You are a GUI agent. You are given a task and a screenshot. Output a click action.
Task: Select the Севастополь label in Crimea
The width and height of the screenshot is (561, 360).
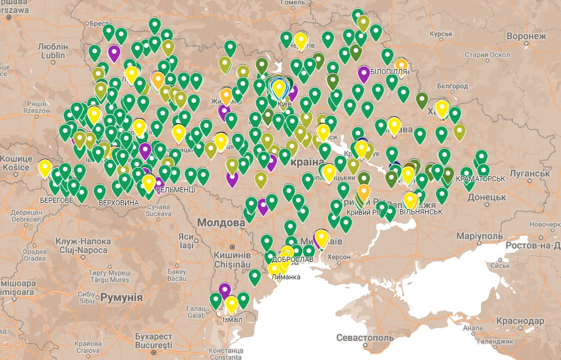coord(365,337)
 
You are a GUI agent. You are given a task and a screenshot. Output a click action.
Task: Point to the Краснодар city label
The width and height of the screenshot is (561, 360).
coord(520,320)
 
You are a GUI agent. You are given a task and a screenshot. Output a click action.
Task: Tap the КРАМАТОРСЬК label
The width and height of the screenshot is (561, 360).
coord(474,178)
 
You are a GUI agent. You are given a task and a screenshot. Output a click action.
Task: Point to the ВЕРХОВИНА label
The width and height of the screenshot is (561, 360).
coord(119,203)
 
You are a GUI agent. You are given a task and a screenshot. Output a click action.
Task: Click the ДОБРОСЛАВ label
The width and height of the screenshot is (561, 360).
coord(293,260)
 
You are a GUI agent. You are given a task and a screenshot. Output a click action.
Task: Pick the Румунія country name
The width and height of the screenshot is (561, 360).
coord(122,297)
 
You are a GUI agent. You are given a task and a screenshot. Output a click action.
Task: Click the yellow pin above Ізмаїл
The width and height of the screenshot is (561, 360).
coord(231,303)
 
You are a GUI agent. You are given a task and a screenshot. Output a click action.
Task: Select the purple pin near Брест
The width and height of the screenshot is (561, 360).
coord(114,53)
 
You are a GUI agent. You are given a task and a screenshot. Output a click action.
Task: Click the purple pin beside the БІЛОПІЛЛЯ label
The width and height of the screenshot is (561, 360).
coord(364,74)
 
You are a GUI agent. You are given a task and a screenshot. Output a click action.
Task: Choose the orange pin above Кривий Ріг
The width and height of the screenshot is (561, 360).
coord(364,191)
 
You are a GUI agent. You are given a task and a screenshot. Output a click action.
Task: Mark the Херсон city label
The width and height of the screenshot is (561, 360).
coord(339,257)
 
